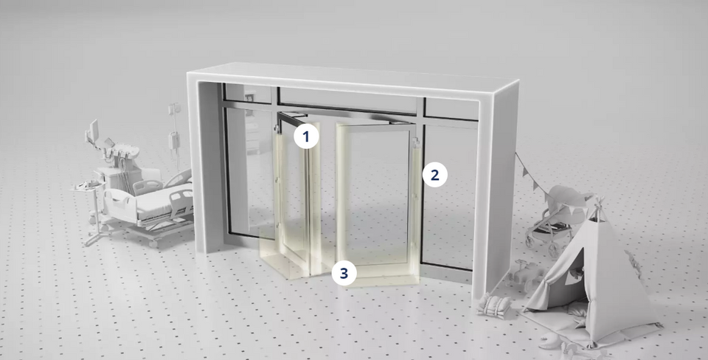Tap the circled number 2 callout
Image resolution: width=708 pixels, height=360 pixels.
click(x=434, y=175)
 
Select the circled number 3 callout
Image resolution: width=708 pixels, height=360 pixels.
click(x=344, y=272)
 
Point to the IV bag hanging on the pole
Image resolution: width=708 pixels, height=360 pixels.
click(x=176, y=139)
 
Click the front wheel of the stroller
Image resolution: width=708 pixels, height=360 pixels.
click(x=532, y=240)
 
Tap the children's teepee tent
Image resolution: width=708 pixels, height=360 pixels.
click(x=590, y=273)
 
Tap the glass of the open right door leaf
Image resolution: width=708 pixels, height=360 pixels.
click(x=372, y=192)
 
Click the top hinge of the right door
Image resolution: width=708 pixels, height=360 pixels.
click(x=418, y=140)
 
